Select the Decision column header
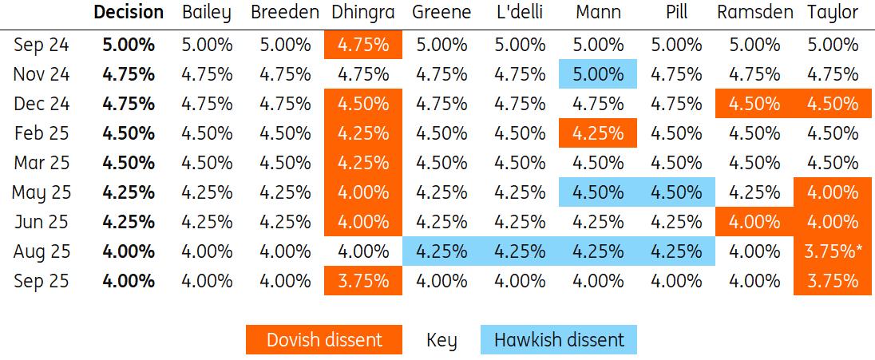point(129,13)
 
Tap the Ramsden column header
point(754,13)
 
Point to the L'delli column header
point(519,13)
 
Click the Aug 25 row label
point(42,251)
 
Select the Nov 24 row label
point(42,75)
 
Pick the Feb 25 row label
point(42,133)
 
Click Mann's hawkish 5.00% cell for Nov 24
point(598,75)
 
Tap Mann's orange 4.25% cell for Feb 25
point(598,133)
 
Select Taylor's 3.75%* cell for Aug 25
point(833,251)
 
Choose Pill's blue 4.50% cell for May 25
point(675,192)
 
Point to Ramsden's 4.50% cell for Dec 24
point(754,104)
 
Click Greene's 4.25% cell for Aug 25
point(441,251)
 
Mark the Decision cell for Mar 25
point(129,163)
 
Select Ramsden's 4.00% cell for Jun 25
point(754,222)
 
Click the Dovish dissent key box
point(324,340)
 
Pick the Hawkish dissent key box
point(558,340)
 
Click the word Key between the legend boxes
point(441,341)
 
